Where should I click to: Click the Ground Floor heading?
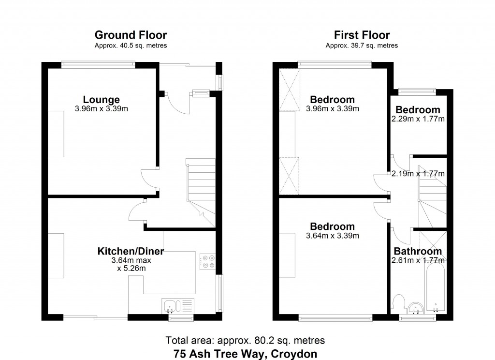pyautogui.click(x=131, y=35)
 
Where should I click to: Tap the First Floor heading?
pyautogui.click(x=362, y=35)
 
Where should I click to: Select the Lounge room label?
pyautogui.click(x=102, y=100)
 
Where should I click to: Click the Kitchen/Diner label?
pyautogui.click(x=131, y=251)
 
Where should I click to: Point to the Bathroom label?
pyautogui.click(x=418, y=251)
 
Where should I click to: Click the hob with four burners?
pyautogui.click(x=207, y=262)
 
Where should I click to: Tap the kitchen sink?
pyautogui.click(x=178, y=306)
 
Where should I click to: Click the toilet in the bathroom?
pyautogui.click(x=398, y=303)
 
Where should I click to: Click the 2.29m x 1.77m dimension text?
pyautogui.click(x=418, y=119)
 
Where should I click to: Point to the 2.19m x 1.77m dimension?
pyautogui.click(x=418, y=174)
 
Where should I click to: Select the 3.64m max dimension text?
pyautogui.click(x=131, y=260)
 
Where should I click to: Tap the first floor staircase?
pyautogui.click(x=432, y=196)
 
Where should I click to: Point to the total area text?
pyautogui.click(x=245, y=341)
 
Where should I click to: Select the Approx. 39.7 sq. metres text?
pyautogui.click(x=362, y=45)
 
